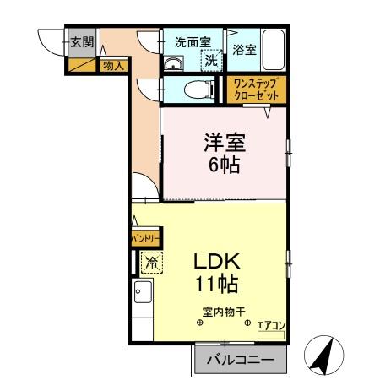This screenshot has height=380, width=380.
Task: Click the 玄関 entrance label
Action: [80, 42]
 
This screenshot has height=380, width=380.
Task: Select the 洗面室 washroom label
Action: [193, 41]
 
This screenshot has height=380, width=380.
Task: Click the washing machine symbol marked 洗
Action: [211, 60]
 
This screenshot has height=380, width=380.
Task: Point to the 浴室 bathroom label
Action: [244, 50]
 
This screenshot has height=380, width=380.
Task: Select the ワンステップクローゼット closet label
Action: [255, 89]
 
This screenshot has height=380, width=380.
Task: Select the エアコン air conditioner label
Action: [271, 323]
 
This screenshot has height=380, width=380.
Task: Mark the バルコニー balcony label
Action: [239, 361]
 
